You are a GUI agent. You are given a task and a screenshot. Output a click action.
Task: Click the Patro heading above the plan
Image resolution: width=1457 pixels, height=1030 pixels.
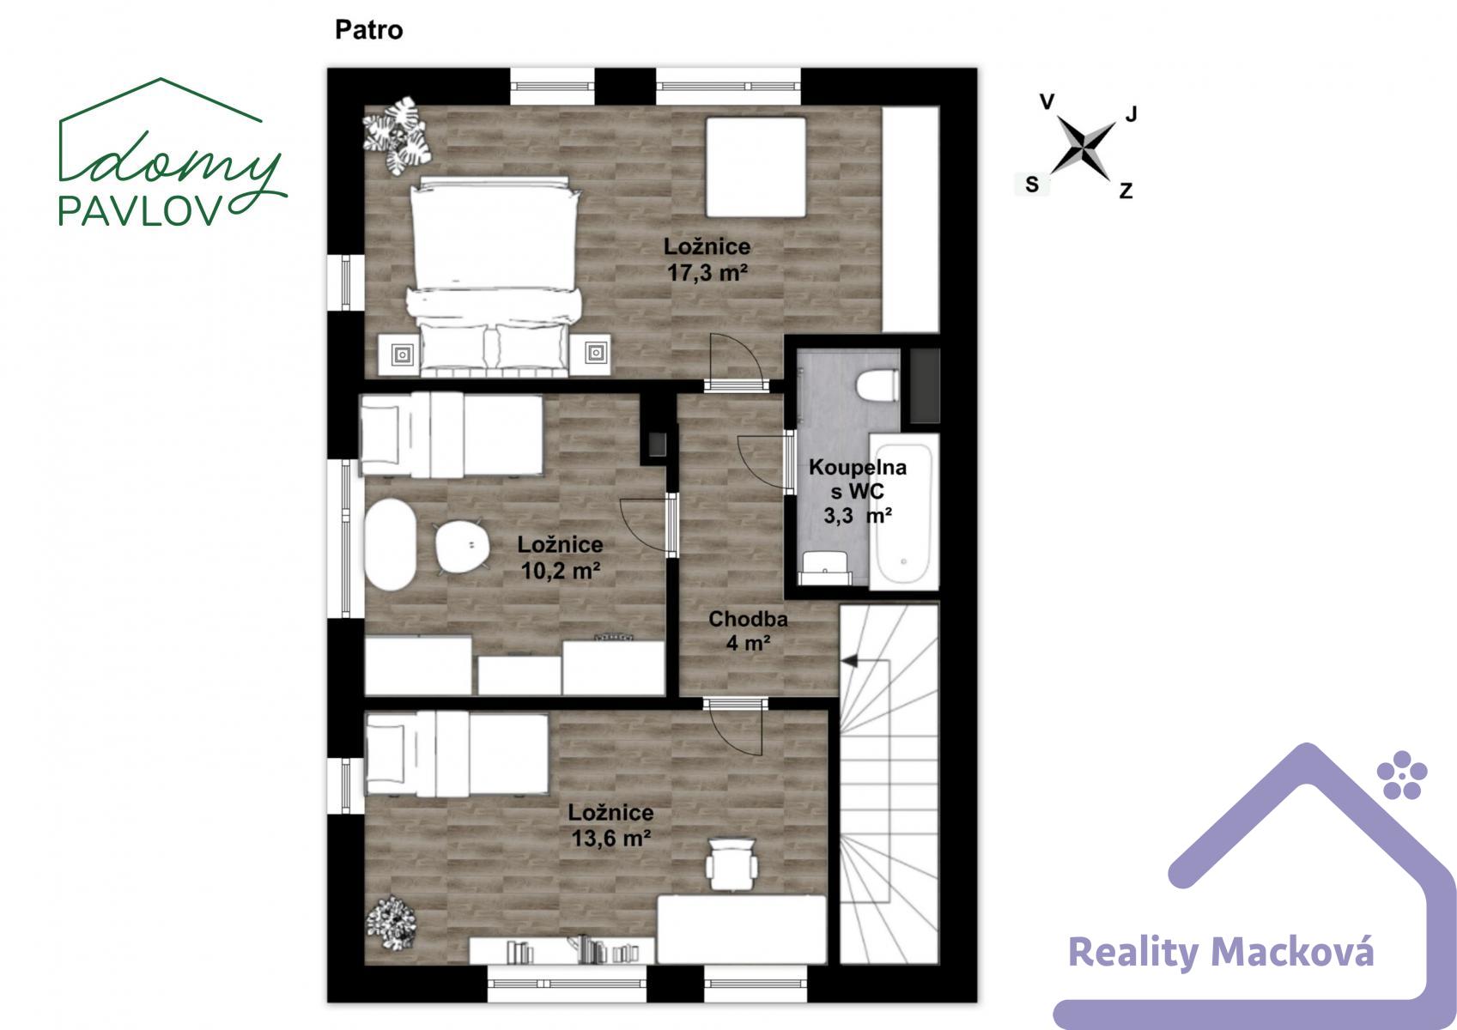369,30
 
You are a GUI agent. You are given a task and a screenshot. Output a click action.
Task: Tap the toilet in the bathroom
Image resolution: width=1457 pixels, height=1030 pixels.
877,385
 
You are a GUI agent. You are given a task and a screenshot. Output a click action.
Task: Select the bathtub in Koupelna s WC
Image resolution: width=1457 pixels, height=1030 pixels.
903,513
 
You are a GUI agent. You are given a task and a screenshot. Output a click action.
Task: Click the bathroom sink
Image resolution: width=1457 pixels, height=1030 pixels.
825,568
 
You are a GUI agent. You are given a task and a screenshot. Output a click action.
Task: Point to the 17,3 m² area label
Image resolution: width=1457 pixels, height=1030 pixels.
707,273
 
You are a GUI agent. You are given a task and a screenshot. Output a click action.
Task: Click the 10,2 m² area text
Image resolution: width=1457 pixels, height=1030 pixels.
561,571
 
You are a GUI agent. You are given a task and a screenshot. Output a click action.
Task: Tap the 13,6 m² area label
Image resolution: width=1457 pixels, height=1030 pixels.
610,839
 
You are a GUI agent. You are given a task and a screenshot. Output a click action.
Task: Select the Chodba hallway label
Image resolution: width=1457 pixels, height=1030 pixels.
748,619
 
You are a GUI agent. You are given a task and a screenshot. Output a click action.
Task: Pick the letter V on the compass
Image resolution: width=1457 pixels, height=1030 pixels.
1047,102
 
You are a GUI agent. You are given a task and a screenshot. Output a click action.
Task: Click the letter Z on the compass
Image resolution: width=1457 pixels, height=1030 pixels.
1126,191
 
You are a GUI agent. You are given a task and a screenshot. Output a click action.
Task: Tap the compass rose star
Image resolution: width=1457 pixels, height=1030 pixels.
1083,148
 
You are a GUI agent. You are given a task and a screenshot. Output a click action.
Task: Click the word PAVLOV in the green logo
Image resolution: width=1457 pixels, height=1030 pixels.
139,210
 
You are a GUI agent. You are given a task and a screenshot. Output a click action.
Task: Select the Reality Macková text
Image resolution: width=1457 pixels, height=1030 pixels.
1221,953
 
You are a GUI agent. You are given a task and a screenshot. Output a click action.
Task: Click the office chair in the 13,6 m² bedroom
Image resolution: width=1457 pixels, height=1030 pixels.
732,863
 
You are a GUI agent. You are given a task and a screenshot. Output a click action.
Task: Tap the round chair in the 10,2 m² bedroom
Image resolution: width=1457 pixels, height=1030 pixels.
463,545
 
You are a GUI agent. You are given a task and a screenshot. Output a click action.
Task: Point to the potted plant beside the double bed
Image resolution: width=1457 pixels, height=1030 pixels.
397,136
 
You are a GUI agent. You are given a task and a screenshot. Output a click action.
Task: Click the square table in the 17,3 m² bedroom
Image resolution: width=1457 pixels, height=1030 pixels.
756,167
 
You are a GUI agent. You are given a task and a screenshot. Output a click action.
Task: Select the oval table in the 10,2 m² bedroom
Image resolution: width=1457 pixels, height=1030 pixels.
391,545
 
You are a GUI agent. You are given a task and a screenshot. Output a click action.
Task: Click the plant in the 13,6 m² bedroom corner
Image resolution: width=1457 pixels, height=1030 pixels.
391,922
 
